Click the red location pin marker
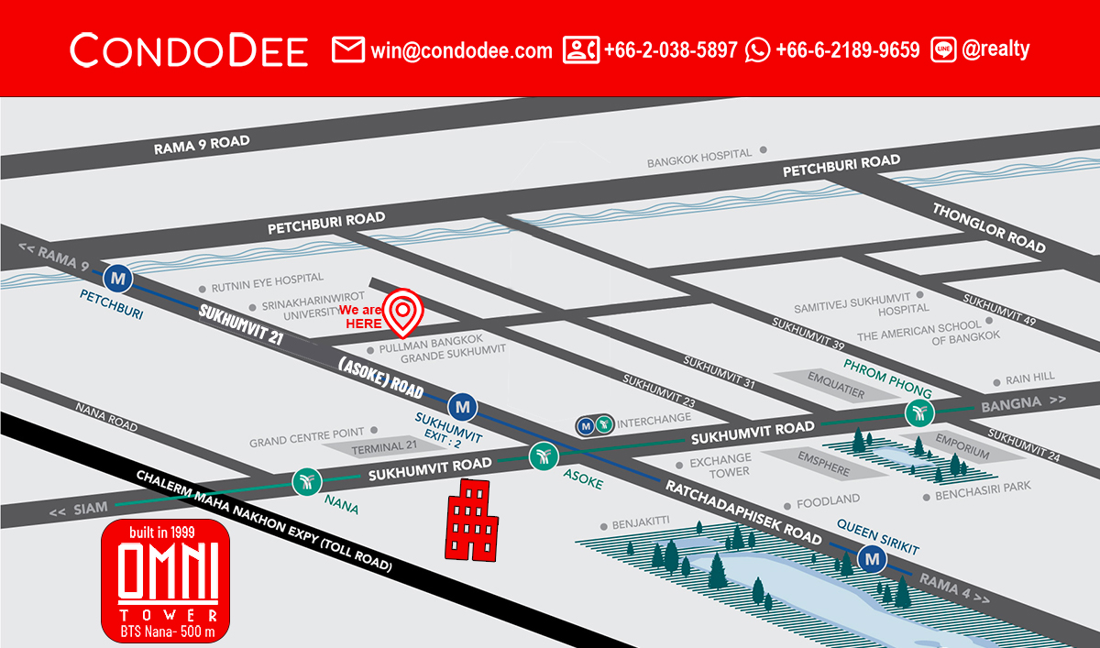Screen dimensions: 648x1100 (x=402, y=312)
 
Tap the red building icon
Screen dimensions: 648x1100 (x=471, y=520)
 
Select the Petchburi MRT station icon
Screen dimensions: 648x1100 (x=117, y=275)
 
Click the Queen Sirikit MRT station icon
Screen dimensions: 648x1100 (x=871, y=556)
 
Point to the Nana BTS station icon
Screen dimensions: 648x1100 (x=305, y=481)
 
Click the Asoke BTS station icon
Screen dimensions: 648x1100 (x=544, y=455)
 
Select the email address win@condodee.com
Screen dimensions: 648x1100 (x=461, y=50)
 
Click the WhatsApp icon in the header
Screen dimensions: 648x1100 (x=758, y=49)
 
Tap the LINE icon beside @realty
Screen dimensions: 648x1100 (x=943, y=49)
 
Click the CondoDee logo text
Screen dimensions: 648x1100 (x=189, y=49)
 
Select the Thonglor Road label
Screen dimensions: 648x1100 (x=988, y=226)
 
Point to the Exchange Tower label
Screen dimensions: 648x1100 (x=720, y=465)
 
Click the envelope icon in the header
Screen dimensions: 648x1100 (x=348, y=49)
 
